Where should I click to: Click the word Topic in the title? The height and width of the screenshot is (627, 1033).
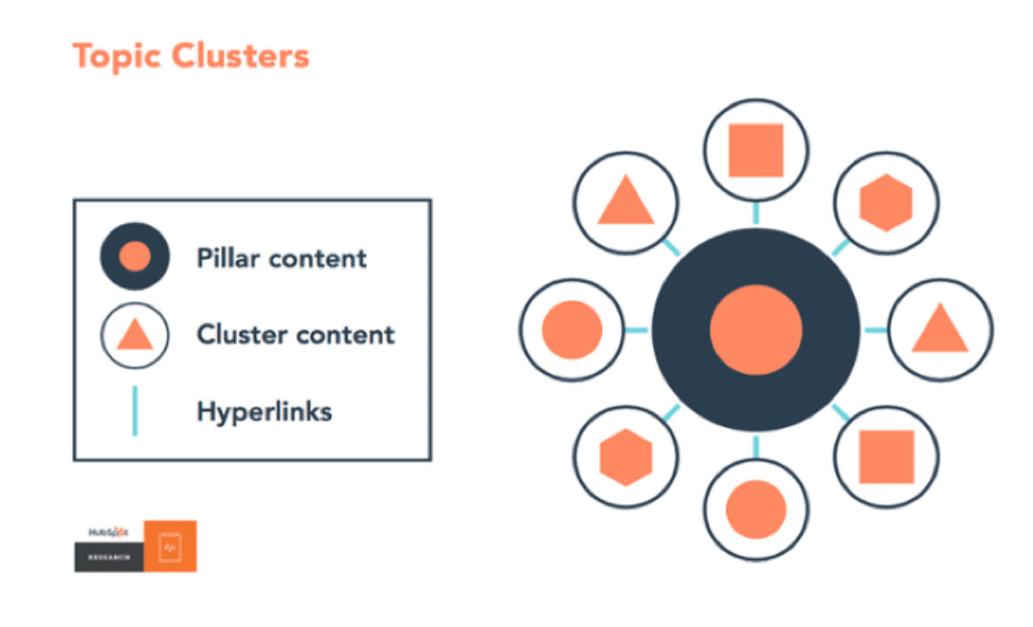118,57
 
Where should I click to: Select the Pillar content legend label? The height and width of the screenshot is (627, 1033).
281,259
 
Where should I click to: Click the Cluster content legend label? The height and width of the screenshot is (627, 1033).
295,334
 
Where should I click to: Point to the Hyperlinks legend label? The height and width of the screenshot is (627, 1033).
264,411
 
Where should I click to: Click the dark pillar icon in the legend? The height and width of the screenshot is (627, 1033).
135,257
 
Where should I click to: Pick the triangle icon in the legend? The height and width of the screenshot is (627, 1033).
135,334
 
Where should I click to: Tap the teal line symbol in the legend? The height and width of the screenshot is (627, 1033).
134,411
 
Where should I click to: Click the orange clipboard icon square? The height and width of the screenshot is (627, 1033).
170,546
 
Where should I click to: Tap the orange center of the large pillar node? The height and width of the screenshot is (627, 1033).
755,330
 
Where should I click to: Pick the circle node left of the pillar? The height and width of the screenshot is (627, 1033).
571,330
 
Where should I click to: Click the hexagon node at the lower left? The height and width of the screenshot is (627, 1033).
625,457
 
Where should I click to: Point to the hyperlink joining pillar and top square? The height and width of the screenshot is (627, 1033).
755,212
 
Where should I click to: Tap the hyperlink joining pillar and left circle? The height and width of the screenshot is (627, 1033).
637,330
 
